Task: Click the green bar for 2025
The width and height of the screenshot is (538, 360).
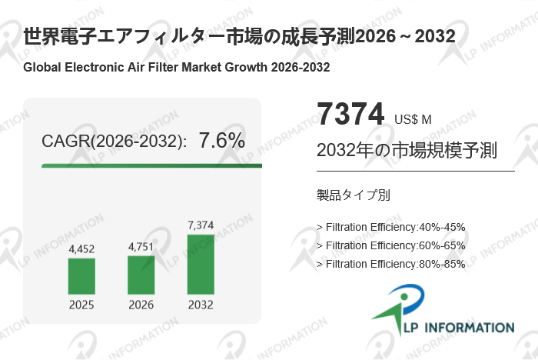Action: (x=81, y=275)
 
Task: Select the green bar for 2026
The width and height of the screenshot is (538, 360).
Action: (x=141, y=274)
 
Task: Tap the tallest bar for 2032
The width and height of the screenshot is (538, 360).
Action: (x=201, y=264)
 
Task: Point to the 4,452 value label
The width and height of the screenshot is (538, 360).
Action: (x=81, y=248)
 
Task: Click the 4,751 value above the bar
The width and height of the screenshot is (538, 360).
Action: (x=141, y=247)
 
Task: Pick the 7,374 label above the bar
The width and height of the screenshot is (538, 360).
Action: (x=201, y=225)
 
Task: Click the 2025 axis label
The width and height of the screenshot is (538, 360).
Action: (x=81, y=305)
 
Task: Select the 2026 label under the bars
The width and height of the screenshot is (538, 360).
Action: (x=141, y=305)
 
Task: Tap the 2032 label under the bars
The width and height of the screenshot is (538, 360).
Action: (x=201, y=305)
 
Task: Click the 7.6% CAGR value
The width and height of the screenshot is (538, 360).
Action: (x=221, y=141)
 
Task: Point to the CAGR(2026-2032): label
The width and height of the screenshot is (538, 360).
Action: (x=114, y=142)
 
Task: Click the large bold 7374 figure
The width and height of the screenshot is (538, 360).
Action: (x=350, y=115)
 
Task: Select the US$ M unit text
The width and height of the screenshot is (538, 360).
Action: (x=413, y=119)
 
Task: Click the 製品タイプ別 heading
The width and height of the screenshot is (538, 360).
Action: (x=353, y=195)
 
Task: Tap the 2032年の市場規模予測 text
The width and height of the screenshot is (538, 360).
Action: (x=395, y=150)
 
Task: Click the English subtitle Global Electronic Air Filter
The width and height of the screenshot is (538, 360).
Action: (x=177, y=67)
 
